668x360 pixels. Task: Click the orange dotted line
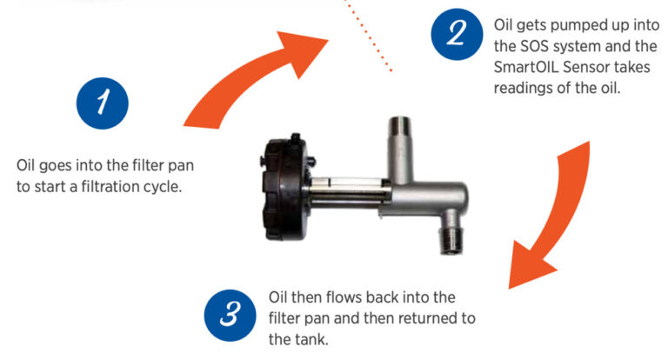pos(370,35)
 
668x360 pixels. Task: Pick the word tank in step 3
pos(311,337)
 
